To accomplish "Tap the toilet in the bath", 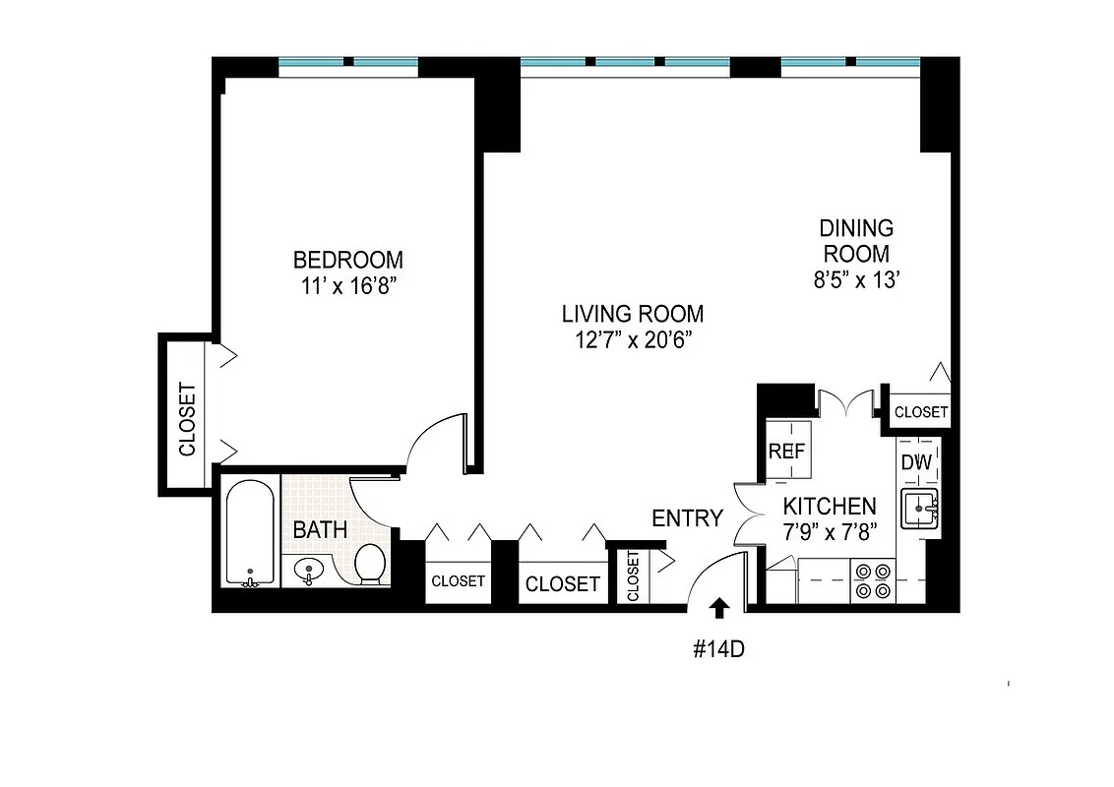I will coord(370,564).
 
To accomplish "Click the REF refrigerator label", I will coord(787,452).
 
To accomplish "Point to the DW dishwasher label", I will coord(915,462).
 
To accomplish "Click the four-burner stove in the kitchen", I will coord(871,580).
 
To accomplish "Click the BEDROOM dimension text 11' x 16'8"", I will coord(348,286).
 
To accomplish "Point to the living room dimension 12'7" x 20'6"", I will coord(632,340).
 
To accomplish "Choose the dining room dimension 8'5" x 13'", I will coord(856,279).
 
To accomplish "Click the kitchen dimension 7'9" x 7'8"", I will coord(829,532).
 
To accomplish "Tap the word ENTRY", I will coord(687,518).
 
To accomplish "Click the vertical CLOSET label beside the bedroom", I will coord(187,418).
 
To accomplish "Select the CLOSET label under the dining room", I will coord(921,412).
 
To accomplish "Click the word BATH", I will coord(320,529).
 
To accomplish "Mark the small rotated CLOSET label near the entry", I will coord(632,576).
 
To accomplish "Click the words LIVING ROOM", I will coord(632,315).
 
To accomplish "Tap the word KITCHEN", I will coord(829,507).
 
